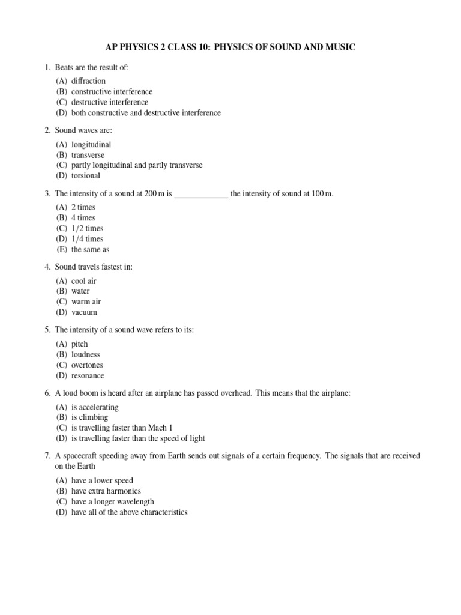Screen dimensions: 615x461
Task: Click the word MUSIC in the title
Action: coord(340,47)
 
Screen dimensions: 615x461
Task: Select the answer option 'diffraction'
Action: coord(88,81)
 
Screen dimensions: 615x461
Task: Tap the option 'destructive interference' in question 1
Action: coord(109,102)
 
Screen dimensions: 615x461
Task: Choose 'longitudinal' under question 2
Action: coord(91,145)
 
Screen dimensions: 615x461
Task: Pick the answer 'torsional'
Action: coord(86,176)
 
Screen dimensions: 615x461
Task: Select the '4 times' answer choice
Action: coord(83,218)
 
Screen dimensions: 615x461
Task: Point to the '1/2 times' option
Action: coord(87,229)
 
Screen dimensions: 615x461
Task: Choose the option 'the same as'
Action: coord(90,249)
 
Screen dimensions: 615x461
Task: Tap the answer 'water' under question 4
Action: coord(80,291)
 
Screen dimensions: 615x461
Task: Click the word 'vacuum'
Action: coord(84,312)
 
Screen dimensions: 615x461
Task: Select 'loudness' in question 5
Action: coord(86,354)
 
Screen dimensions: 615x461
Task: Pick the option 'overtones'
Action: coord(87,365)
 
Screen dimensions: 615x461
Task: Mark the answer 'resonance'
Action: coord(88,375)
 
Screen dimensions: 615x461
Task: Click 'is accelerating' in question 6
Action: coord(95,407)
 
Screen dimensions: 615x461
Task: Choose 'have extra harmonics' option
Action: coord(106,491)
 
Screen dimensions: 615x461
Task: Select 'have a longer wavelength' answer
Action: coord(112,501)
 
